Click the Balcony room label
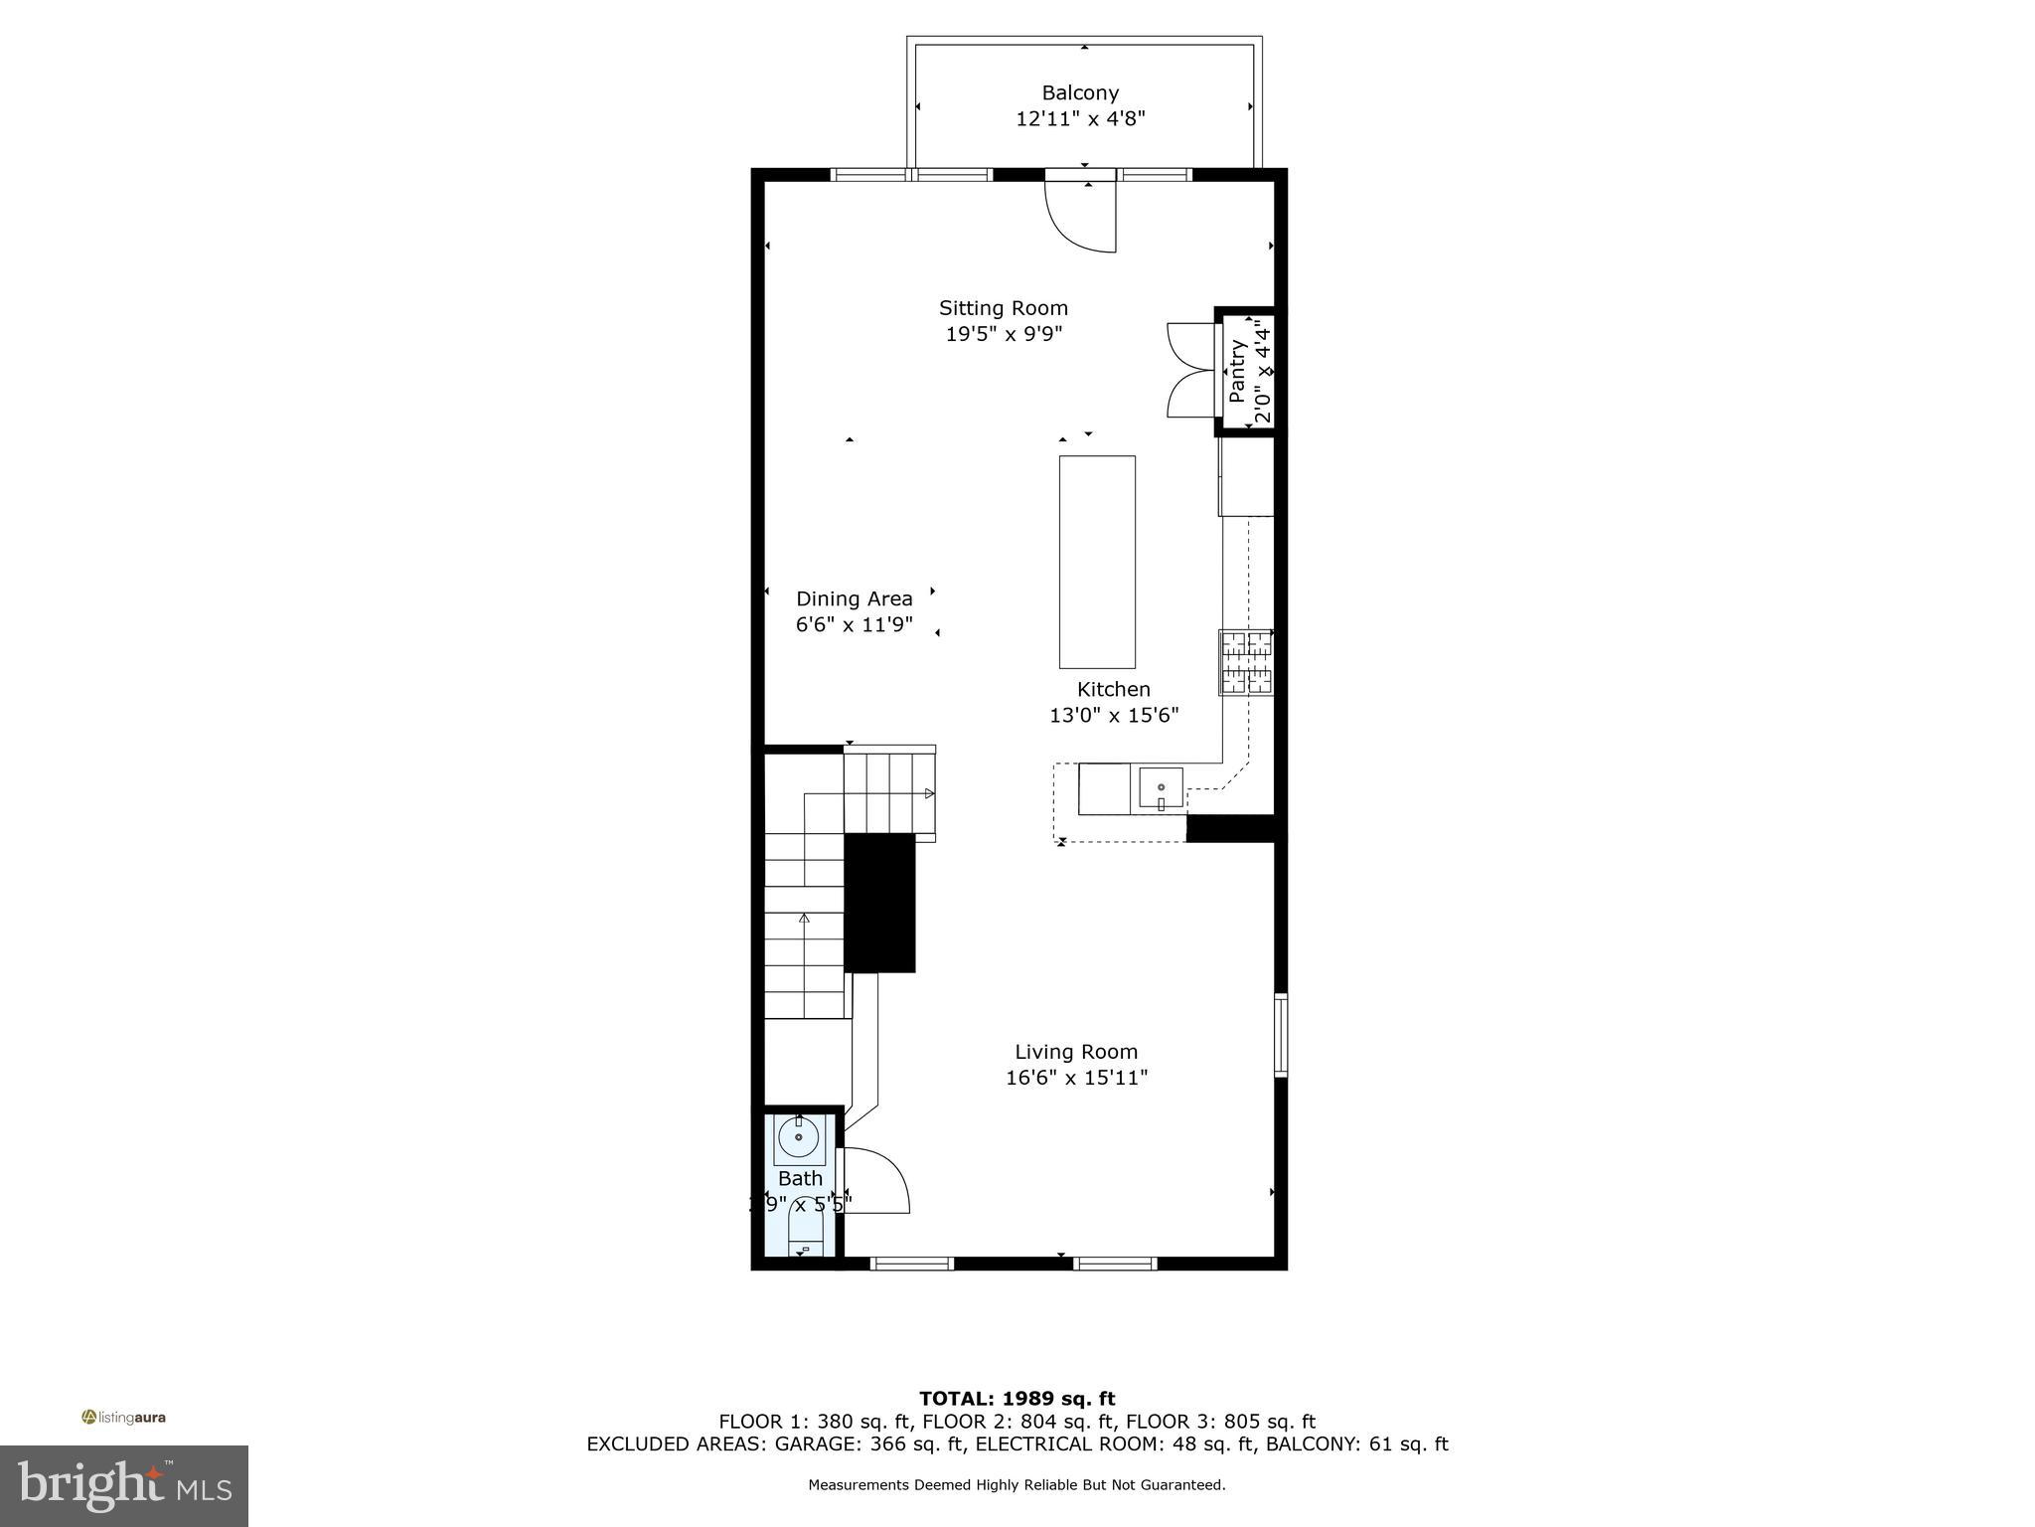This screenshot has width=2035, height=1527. (1080, 93)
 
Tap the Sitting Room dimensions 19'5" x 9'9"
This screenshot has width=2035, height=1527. (1004, 334)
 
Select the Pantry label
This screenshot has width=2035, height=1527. (1237, 372)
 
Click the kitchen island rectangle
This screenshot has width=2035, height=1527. (1097, 562)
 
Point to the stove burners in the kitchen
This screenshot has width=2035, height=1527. (1246, 662)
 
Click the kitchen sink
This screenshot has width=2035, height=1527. (1161, 790)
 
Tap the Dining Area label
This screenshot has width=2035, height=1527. (854, 598)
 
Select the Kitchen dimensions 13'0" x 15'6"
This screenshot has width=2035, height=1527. (1114, 715)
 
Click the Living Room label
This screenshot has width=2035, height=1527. (1076, 1052)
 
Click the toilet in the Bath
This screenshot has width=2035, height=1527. (804, 1233)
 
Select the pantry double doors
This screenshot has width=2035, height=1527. (1189, 370)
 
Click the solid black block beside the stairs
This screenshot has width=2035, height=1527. (879, 903)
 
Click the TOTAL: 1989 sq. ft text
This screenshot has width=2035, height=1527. (1017, 1399)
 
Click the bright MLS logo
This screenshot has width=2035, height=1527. (124, 1485)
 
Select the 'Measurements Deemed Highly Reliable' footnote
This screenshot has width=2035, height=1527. (1017, 1485)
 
